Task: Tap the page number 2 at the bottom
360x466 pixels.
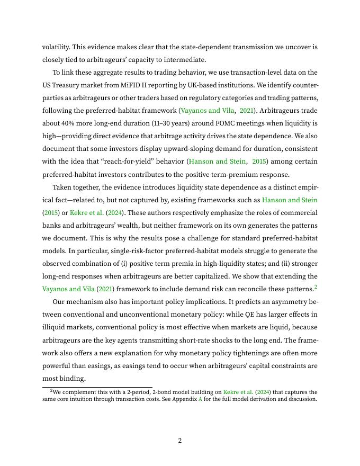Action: tap(180, 441)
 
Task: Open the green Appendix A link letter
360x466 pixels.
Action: tap(200, 399)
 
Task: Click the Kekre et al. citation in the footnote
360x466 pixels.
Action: tap(237, 392)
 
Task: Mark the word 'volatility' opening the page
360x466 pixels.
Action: tap(55, 47)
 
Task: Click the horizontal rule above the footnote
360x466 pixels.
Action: tap(97, 387)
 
